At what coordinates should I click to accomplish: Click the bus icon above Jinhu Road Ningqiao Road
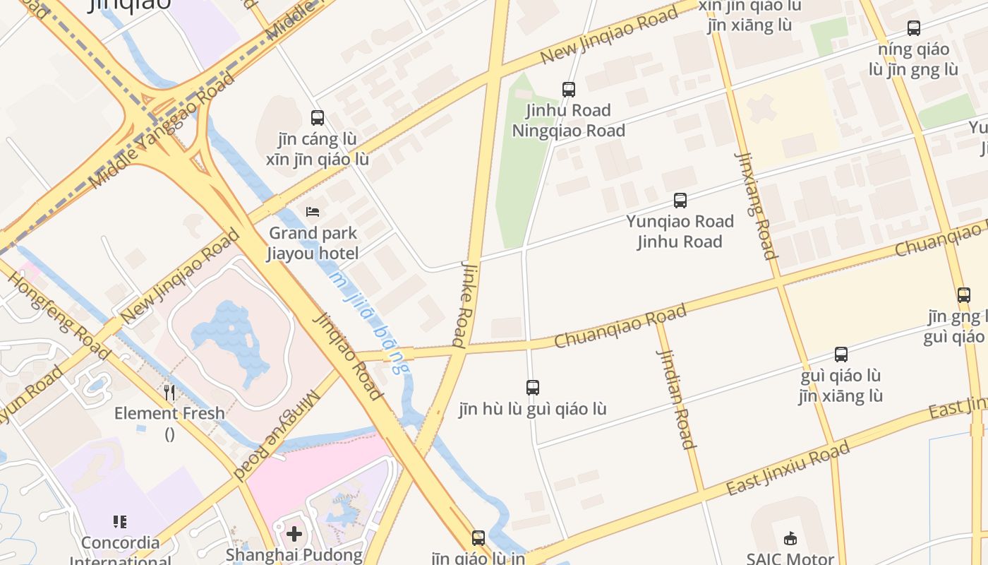coord(568,90)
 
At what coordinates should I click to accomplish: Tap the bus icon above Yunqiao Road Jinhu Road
coord(680,201)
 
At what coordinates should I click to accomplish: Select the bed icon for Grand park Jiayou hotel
coord(313,212)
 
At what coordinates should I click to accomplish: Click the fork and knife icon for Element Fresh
coord(169,392)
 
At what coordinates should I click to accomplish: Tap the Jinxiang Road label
coord(756,206)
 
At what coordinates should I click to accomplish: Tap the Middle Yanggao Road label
coord(152,131)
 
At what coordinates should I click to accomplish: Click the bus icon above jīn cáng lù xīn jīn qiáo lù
coord(318,118)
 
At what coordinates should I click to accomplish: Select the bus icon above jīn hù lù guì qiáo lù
coord(533,388)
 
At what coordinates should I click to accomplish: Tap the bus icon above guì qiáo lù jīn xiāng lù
coord(841,355)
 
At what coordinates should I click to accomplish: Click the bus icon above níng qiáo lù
coord(914,28)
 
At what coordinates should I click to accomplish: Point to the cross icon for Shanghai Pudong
coord(294,534)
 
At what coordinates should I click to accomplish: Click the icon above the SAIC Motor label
coord(790,538)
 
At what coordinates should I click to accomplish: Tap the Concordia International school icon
coord(120,522)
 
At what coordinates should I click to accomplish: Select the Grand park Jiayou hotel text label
coord(313,243)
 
